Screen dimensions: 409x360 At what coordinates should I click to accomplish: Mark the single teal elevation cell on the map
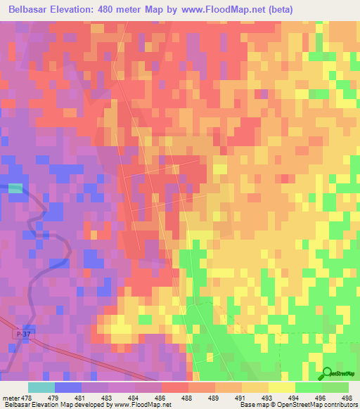coord(15,188)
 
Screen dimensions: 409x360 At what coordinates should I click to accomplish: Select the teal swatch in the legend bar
coord(41,387)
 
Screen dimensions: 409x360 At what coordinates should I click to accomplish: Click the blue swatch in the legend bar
coord(67,387)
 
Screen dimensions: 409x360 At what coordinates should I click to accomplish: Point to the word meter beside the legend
coord(12,398)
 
